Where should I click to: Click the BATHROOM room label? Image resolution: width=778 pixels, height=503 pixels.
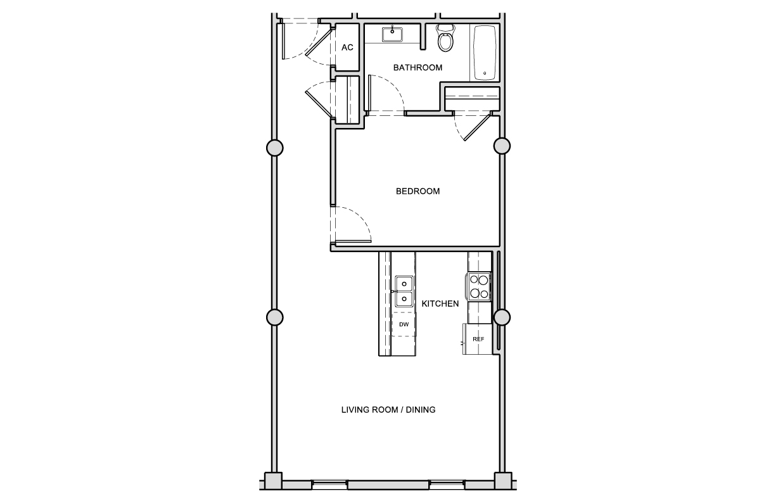click(x=418, y=67)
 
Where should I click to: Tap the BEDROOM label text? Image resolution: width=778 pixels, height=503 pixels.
click(x=418, y=191)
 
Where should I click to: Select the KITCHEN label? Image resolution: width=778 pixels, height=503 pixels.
click(x=440, y=303)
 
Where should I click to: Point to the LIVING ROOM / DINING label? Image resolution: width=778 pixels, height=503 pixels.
click(x=388, y=409)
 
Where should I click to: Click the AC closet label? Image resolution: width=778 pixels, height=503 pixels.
click(x=347, y=48)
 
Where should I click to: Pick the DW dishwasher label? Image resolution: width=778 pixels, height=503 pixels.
click(x=404, y=324)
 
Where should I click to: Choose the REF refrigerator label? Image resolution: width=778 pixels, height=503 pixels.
click(x=478, y=339)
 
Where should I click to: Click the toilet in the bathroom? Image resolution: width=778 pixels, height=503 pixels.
click(x=445, y=37)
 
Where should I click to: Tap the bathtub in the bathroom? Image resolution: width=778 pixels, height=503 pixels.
click(x=485, y=53)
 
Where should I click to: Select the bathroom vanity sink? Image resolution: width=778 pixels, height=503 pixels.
click(x=392, y=34)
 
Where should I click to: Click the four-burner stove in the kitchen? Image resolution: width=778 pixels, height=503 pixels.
click(x=479, y=286)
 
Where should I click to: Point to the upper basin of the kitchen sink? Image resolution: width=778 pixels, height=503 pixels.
click(x=404, y=284)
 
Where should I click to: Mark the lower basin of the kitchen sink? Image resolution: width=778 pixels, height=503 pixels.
click(x=404, y=299)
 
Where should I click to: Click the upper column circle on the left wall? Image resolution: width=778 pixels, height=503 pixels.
click(x=275, y=148)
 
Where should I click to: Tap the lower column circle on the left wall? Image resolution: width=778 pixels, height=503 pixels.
click(x=275, y=317)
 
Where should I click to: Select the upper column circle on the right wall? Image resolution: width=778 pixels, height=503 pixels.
click(x=502, y=146)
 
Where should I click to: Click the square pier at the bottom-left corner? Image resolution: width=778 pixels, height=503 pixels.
click(x=273, y=481)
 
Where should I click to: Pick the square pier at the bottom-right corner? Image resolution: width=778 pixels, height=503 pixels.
click(x=503, y=481)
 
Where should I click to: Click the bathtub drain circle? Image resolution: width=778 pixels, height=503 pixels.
click(x=485, y=73)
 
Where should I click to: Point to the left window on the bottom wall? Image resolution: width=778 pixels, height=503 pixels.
click(x=329, y=485)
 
